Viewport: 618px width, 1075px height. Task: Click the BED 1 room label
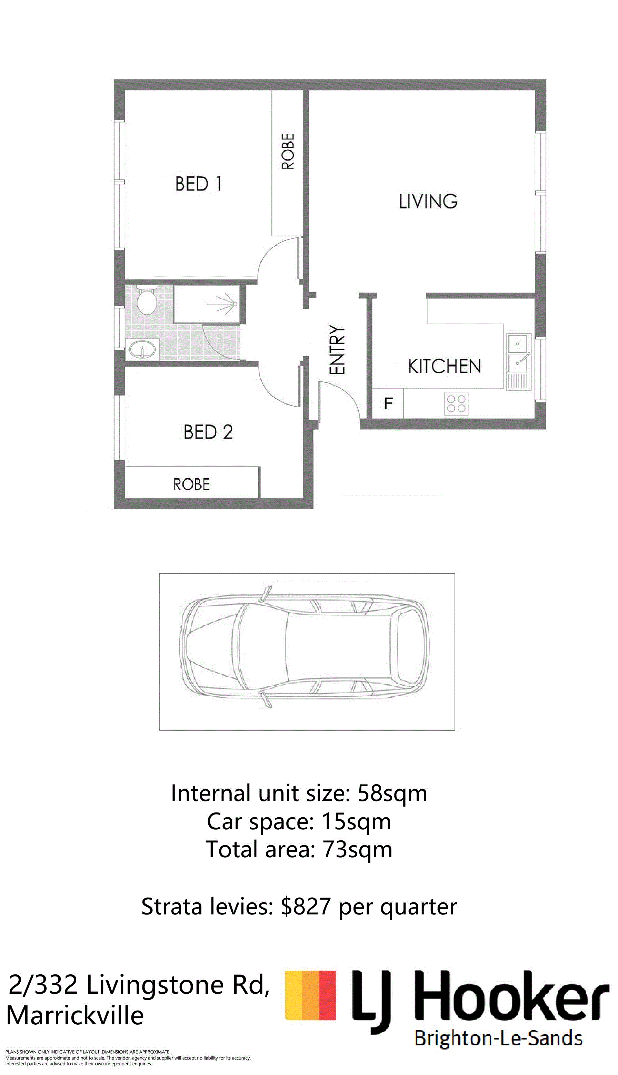(198, 184)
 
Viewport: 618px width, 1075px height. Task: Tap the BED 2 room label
(208, 432)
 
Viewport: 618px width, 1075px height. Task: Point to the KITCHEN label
(445, 366)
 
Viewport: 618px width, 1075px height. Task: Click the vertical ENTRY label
(337, 350)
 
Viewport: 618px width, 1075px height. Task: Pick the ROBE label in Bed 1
(288, 151)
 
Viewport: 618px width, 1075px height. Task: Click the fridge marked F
(388, 403)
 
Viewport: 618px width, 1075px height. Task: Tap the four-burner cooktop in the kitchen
(456, 403)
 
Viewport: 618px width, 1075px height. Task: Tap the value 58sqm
(392, 794)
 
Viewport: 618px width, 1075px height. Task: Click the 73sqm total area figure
(357, 849)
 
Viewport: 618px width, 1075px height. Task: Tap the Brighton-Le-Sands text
(498, 1038)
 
